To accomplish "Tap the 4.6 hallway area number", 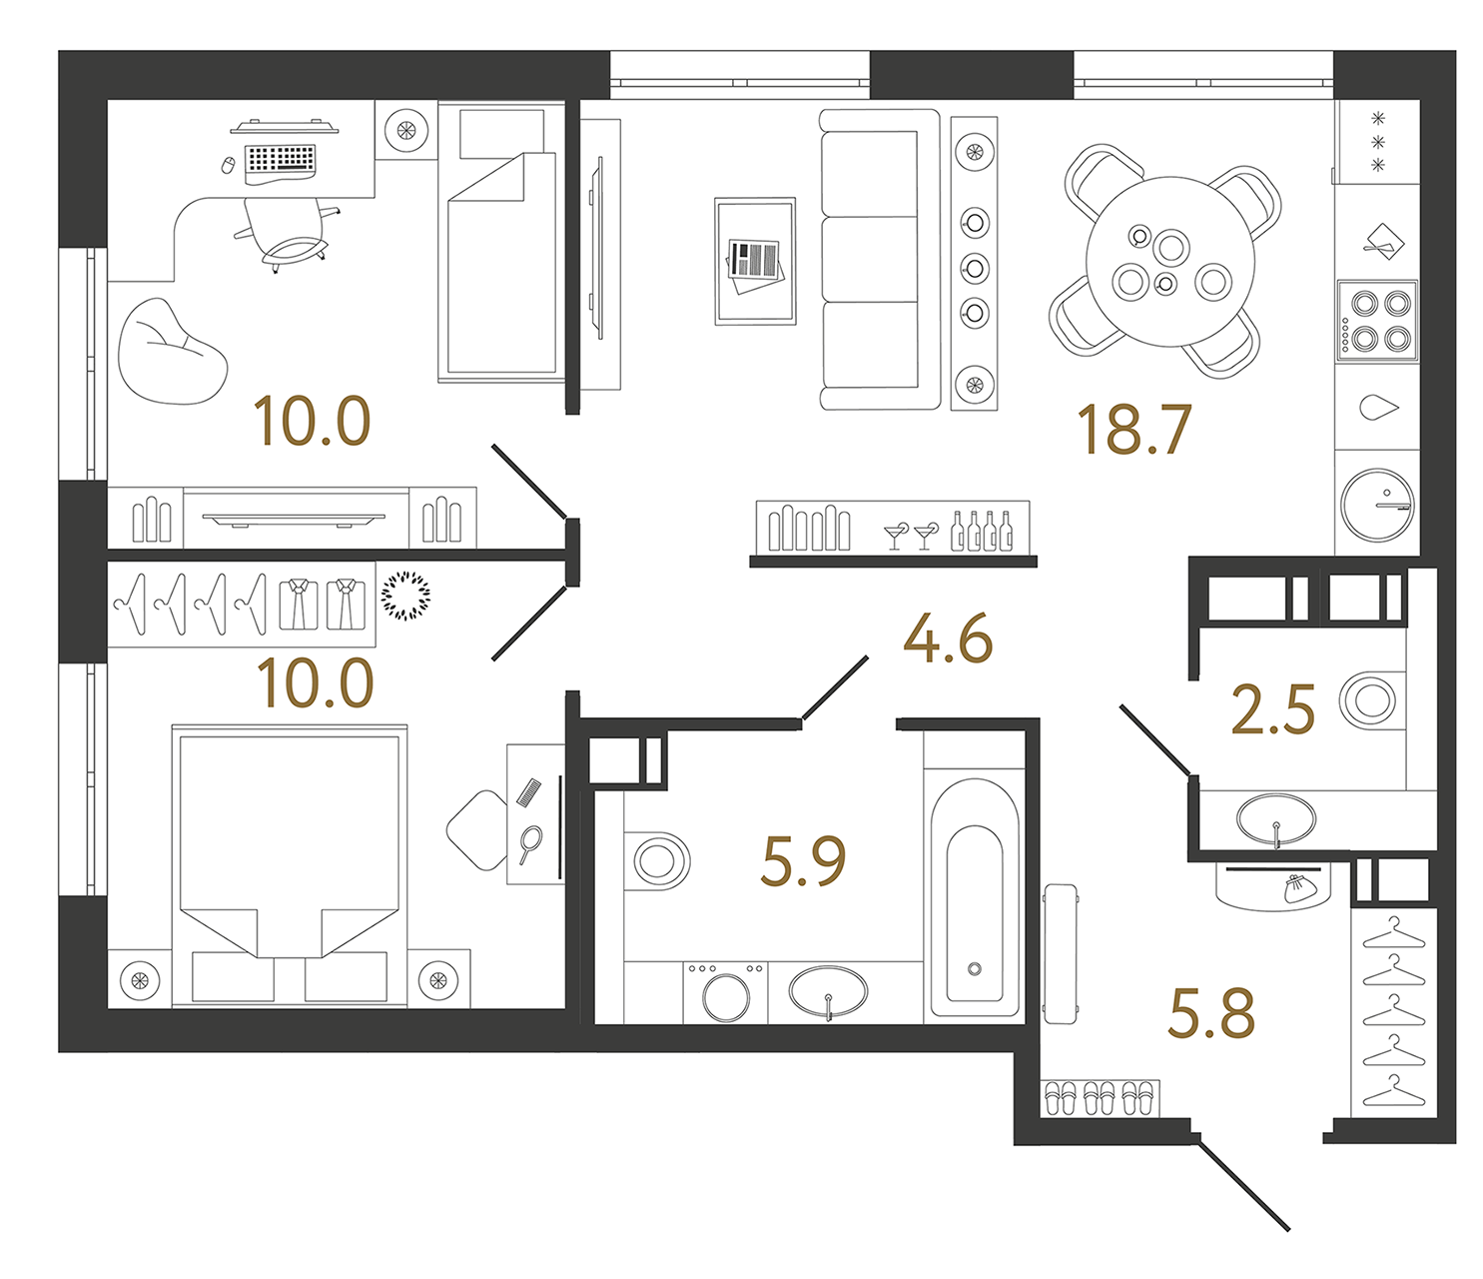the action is coord(948,639).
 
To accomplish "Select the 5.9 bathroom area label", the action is coord(803,860).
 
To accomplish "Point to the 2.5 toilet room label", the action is coord(1272,709).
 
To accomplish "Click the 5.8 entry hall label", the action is coord(1211,1013).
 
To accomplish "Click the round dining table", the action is coord(1170,262).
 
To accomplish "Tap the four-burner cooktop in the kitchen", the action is coord(1377,321).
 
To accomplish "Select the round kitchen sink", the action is coord(1377,505).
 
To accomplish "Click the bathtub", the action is coord(975,897).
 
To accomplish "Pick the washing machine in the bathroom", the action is coord(725,992).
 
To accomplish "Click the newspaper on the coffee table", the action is coord(755,265).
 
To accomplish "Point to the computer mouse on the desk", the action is coord(228,165).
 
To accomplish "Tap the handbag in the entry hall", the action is coord(1301,888).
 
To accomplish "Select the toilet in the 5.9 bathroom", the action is coord(656,861).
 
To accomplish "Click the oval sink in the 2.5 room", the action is coord(1276,819).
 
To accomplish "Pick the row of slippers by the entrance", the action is coord(1100,1098).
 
